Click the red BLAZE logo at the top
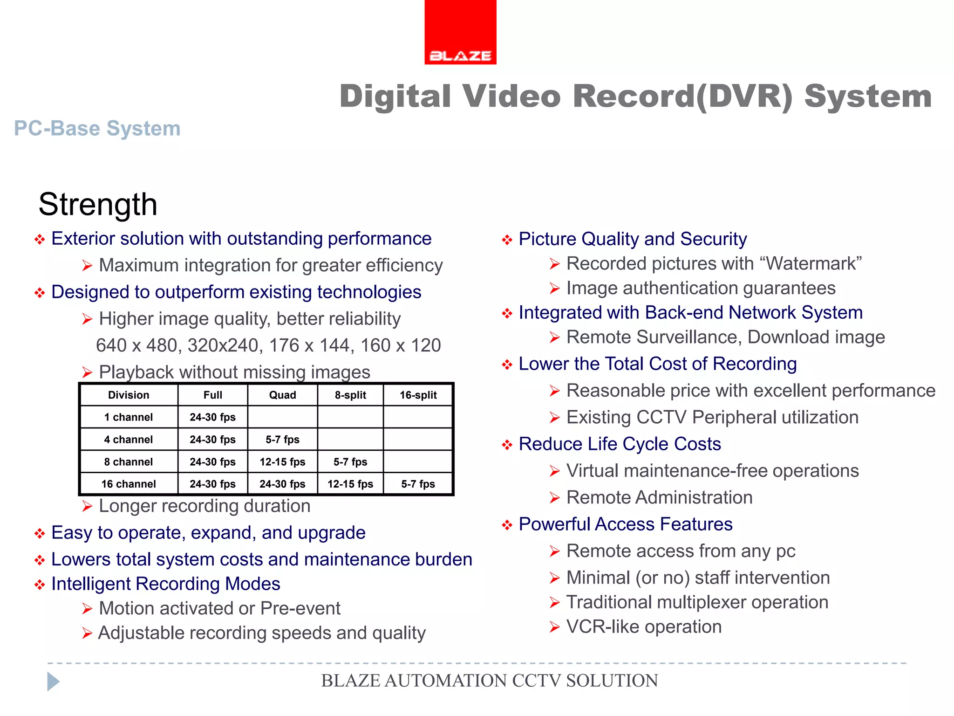[460, 33]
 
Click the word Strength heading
[98, 204]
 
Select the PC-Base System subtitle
[97, 128]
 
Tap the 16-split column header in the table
[418, 395]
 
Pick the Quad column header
[282, 395]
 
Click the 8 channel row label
[129, 462]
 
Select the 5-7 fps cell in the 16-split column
[418, 484]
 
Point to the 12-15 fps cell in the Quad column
[282, 462]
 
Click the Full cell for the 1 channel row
[212, 417]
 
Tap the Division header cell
[129, 395]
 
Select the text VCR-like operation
[644, 627]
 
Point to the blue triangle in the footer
[53, 682]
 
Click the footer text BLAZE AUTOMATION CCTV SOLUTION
[489, 681]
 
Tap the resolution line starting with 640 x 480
[268, 345]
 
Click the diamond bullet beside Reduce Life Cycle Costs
[507, 445]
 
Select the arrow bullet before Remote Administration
[554, 498]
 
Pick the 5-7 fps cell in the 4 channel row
[282, 440]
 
